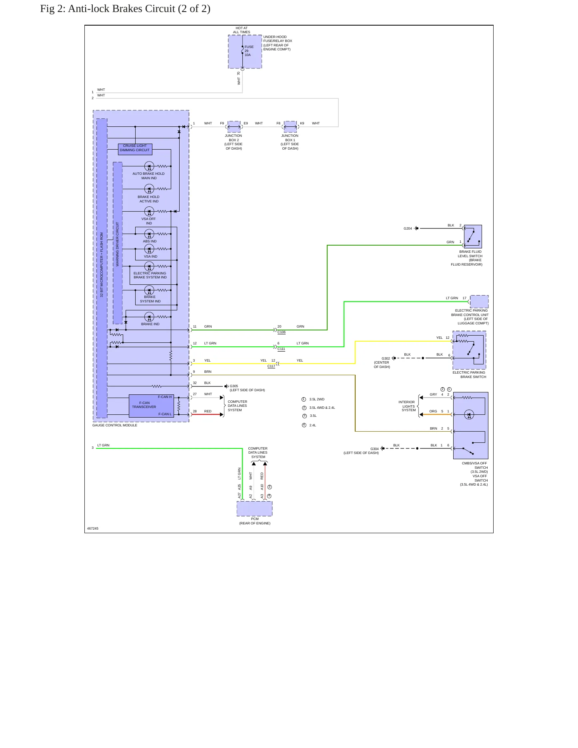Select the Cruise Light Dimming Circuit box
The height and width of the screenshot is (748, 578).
[135, 149]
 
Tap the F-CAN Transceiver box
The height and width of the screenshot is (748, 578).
[151, 406]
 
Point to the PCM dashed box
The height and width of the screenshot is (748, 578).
[254, 508]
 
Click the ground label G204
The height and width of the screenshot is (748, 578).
[408, 228]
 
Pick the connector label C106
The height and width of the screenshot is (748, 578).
[282, 332]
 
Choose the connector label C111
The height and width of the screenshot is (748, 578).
[282, 349]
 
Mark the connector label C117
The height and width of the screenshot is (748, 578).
[271, 366]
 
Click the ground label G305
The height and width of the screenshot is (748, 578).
[234, 386]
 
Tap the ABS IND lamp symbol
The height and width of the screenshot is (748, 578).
[149, 234]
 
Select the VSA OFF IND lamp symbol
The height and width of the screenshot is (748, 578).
[149, 211]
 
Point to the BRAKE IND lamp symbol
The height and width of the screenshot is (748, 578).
[149, 317]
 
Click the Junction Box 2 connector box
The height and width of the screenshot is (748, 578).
[234, 127]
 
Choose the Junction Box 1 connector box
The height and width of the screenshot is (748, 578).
[290, 127]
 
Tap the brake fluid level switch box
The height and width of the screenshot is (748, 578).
[473, 236]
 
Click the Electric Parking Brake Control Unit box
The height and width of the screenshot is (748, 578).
[479, 301]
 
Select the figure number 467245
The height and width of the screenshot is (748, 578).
[93, 528]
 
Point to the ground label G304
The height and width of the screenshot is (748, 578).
[374, 449]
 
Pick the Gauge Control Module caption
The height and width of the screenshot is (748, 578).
[115, 425]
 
